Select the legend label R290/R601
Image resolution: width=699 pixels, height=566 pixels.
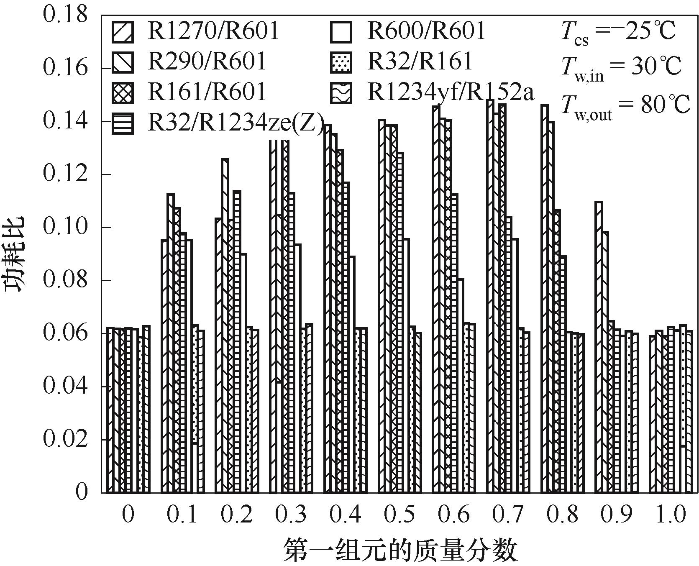click(207, 61)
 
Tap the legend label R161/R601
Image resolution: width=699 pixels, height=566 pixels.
click(207, 92)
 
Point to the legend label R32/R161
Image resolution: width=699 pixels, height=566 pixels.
click(420, 61)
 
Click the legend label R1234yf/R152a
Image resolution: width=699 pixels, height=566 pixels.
click(451, 92)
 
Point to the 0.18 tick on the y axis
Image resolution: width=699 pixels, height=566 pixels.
click(66, 15)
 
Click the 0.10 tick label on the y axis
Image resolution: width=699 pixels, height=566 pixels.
click(66, 227)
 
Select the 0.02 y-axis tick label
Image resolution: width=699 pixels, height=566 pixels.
click(66, 439)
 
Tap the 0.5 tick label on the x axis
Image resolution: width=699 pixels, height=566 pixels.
click(399, 515)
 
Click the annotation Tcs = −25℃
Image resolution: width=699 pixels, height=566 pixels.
click(618, 32)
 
